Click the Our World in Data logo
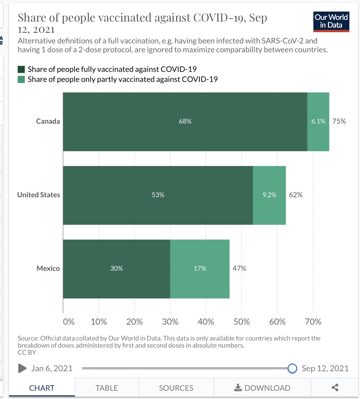click(331, 22)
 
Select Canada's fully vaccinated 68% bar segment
click(185, 122)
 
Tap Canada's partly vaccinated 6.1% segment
click(318, 122)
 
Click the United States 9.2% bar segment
click(269, 195)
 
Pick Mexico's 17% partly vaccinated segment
click(200, 269)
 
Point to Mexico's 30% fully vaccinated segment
click(117, 269)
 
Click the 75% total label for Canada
click(339, 121)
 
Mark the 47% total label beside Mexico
click(239, 268)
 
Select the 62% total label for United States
click(296, 195)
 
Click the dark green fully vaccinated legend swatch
click(21, 69)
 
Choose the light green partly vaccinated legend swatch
click(21, 79)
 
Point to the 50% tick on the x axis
click(242, 322)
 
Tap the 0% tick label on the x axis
click(69, 322)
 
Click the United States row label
click(39, 195)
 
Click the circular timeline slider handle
click(292, 368)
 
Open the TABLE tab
click(107, 388)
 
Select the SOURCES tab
click(176, 388)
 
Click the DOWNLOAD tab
click(262, 388)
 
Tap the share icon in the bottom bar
click(335, 388)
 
